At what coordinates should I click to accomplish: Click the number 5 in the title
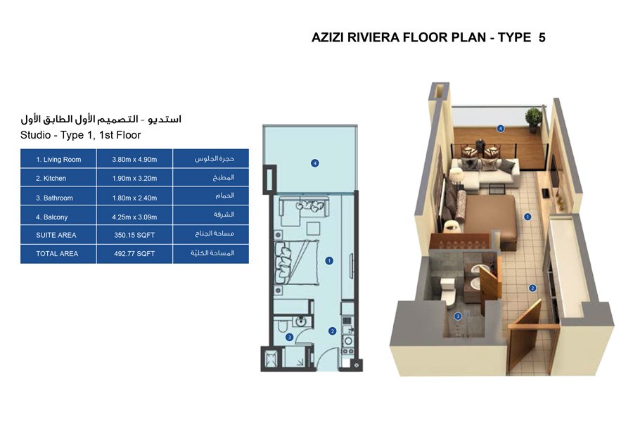click(542, 37)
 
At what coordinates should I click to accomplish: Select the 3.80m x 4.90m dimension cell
click(134, 160)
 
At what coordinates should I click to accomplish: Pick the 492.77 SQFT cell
click(134, 253)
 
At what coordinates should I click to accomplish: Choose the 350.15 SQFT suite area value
click(134, 235)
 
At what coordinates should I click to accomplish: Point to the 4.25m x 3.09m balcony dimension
click(134, 217)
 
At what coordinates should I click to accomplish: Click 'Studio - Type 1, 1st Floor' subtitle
click(81, 135)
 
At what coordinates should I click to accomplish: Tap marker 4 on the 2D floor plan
click(315, 163)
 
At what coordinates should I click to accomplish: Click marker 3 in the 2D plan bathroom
click(289, 338)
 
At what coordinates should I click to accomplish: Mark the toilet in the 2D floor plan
click(281, 326)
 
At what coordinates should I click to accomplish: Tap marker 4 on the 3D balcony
click(500, 129)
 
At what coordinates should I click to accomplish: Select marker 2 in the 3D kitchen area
click(532, 288)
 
